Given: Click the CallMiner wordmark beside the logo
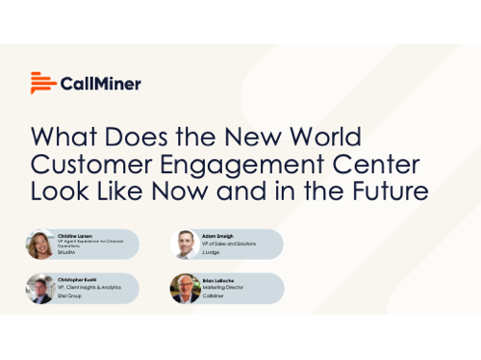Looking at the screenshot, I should [101, 83].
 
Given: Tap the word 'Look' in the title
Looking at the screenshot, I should [62, 190].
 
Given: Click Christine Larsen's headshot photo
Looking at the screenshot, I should [40, 244].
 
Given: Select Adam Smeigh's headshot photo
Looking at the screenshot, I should [184, 244].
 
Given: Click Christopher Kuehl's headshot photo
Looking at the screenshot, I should [40, 288].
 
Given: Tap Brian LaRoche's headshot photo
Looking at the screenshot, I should [184, 288].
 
